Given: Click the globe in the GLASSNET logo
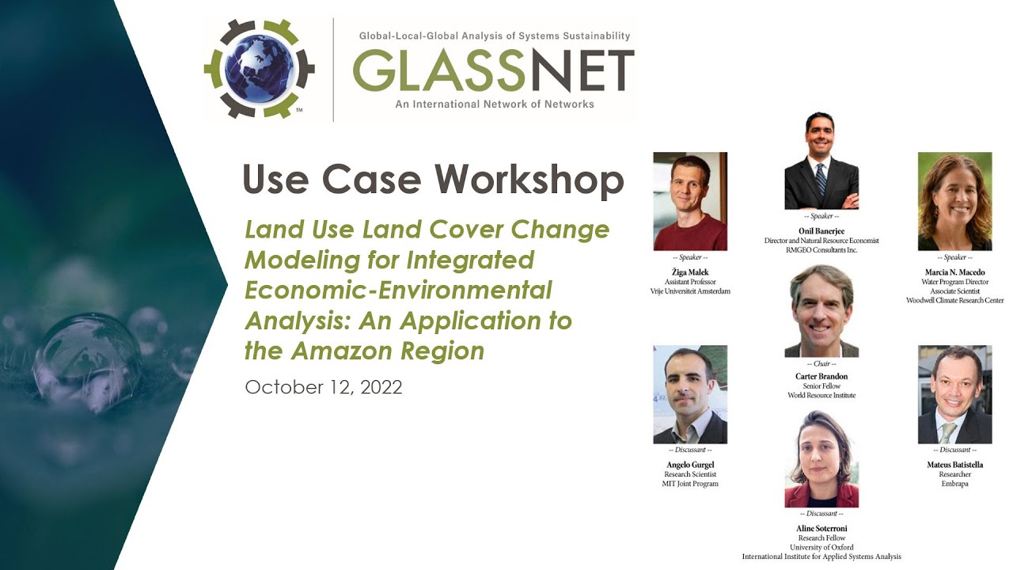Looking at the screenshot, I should coord(259,69).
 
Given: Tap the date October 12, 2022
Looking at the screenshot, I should coord(323,387).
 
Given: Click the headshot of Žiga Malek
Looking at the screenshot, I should coord(690,201).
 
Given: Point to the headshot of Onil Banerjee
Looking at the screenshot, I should coord(821,161).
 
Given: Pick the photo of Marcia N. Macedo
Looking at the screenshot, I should coord(954,201).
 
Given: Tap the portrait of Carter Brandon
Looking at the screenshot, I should coord(821,310).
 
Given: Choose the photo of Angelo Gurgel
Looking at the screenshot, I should coord(690,394).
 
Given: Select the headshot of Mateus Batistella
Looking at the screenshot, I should coord(954,394).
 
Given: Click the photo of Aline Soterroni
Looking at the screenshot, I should coord(821,459).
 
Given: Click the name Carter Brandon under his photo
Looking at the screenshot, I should coord(821,376).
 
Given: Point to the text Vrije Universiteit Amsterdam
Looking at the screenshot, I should coord(690,291).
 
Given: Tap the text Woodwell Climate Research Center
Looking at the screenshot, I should coord(954,301).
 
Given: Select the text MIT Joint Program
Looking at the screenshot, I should coord(690,484).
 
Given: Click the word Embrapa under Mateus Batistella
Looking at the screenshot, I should coord(954,484).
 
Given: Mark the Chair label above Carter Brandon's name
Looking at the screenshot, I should coord(821,364).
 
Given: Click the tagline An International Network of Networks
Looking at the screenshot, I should coord(495,104).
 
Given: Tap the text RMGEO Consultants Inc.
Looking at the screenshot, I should coord(821,250).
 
